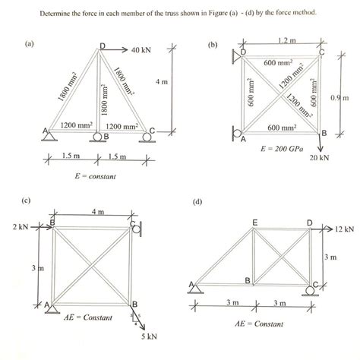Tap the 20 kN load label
coord(318,158)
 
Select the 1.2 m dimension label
coord(286,39)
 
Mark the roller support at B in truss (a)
coord(98,137)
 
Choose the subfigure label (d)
coord(198,202)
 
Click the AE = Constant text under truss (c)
coord(90,316)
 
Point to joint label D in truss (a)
coord(102,46)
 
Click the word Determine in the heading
coord(55,13)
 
